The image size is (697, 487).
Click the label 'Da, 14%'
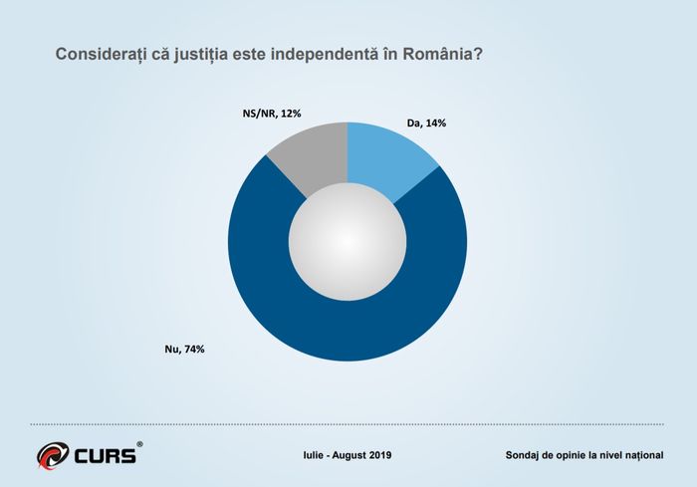[426, 123]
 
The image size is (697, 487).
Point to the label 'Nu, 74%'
[184, 350]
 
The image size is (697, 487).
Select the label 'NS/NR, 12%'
[272, 114]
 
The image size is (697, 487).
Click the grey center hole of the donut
[348, 242]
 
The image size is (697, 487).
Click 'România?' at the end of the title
[443, 54]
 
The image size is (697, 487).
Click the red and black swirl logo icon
[53, 455]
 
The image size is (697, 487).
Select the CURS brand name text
[105, 456]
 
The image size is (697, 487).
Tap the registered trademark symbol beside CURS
[139, 444]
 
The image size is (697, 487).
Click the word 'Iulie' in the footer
[313, 455]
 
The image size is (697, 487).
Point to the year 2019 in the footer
[380, 455]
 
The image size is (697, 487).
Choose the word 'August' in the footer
[348, 455]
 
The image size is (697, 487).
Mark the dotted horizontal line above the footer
[348, 424]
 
